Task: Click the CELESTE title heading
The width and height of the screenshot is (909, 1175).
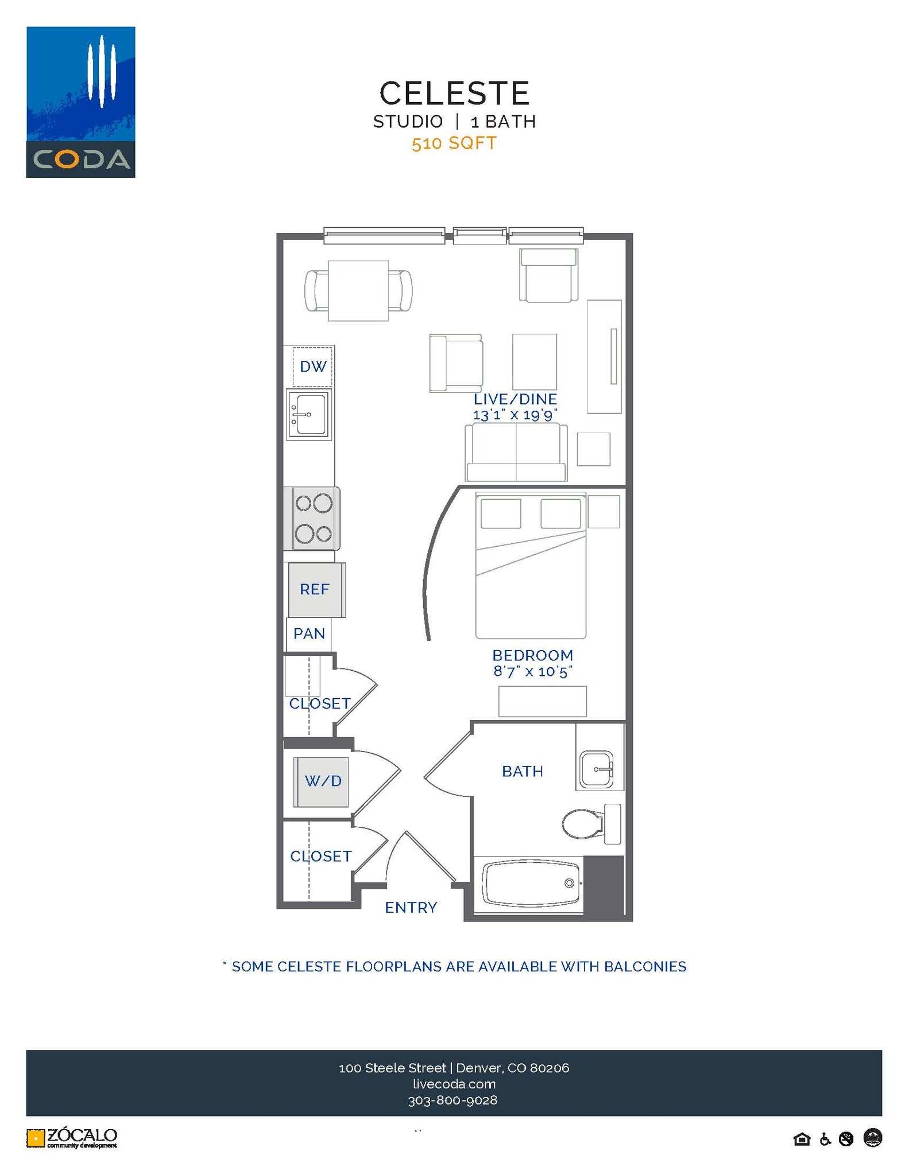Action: click(x=454, y=93)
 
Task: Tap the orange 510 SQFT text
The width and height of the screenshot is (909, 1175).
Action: click(x=454, y=143)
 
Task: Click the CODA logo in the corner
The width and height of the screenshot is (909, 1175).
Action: click(x=80, y=102)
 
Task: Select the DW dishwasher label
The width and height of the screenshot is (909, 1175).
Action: click(x=313, y=366)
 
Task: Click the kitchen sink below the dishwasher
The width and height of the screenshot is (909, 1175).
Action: click(x=309, y=414)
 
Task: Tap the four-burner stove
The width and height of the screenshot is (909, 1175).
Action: click(x=314, y=519)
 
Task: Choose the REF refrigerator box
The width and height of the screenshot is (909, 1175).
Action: click(x=315, y=589)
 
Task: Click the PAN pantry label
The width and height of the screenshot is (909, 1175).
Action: click(x=309, y=633)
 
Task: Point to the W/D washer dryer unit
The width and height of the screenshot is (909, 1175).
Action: click(x=322, y=781)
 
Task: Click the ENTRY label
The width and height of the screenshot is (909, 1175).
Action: click(x=411, y=907)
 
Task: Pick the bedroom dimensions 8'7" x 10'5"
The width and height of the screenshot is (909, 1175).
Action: click(x=533, y=671)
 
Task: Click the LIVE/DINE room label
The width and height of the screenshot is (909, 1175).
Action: click(x=515, y=399)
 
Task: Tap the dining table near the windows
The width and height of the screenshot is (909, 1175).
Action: click(x=358, y=291)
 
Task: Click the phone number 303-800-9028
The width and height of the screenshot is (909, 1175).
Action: click(x=452, y=1100)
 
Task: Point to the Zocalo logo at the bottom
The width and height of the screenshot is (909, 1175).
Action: click(x=72, y=1138)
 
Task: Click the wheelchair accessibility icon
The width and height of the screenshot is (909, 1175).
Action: click(x=825, y=1139)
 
